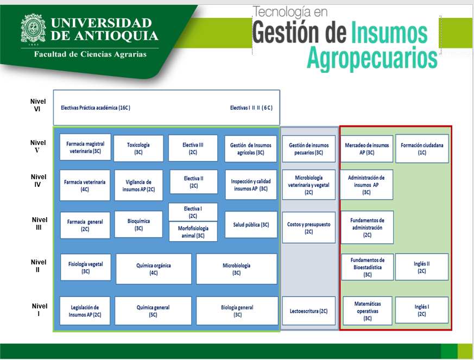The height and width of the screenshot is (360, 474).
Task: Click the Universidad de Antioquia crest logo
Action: pos(33,28)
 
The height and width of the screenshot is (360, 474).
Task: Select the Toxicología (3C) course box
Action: pos(138,148)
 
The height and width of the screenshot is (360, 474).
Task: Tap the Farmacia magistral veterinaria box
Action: pos(85,147)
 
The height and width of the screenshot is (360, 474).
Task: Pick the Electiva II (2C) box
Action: pos(193,182)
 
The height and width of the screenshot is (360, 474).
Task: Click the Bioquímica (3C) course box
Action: pos(138,224)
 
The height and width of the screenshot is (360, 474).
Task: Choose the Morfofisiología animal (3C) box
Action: pos(193,231)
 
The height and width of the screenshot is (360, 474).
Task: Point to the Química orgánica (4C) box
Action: pos(154,269)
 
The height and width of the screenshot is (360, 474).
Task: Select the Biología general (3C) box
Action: pos(237,311)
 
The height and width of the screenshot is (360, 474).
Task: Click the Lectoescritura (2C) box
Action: pos(308,311)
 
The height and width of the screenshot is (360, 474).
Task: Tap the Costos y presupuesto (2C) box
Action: pos(308,228)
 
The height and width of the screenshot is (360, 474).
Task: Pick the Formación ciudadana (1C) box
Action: pos(422,149)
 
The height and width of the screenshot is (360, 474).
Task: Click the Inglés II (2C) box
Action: pos(422,267)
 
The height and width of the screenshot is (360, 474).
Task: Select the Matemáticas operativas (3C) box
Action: pos(368,311)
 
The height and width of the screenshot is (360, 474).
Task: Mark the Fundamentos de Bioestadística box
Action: pos(368,267)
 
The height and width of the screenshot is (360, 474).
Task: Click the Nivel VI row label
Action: pos(38,105)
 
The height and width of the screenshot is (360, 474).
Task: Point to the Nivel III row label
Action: pos(39,223)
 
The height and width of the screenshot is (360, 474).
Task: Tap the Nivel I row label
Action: pos(39,310)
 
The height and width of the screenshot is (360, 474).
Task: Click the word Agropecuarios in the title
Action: pos(372,58)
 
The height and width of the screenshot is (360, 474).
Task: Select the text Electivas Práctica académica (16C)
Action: pos(96,108)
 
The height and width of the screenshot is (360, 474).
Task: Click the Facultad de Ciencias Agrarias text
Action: pos(90,54)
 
